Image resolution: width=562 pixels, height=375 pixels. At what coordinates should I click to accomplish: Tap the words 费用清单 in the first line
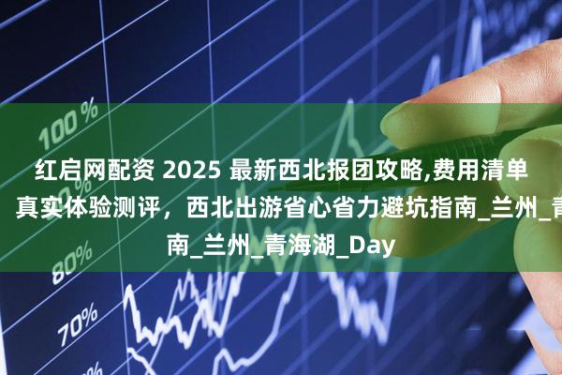coord(481,169)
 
